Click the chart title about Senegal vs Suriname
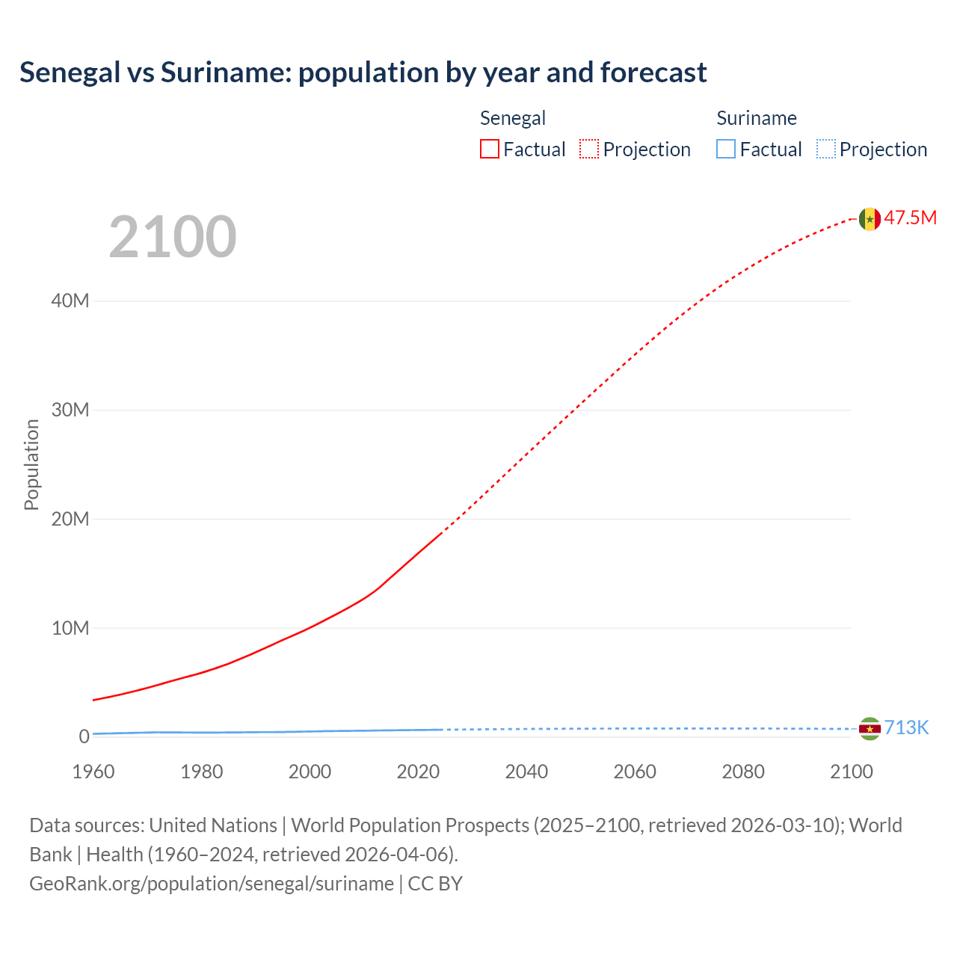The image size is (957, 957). pyautogui.click(x=363, y=73)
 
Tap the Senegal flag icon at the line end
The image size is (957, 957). pyautogui.click(x=870, y=218)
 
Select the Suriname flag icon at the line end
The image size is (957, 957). pyautogui.click(x=870, y=728)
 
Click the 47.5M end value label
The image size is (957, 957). pyautogui.click(x=910, y=218)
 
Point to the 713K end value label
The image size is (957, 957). pyautogui.click(x=906, y=727)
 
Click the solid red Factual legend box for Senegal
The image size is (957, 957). pyautogui.click(x=490, y=150)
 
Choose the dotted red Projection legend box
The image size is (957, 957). pyautogui.click(x=589, y=150)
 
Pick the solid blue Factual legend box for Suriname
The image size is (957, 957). pyautogui.click(x=726, y=150)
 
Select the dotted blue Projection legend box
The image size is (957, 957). pyautogui.click(x=826, y=150)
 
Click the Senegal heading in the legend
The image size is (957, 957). pyautogui.click(x=512, y=118)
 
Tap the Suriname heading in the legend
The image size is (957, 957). pyautogui.click(x=757, y=118)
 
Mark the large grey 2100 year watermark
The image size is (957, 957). pyautogui.click(x=173, y=237)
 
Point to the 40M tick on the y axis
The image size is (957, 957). pyautogui.click(x=70, y=301)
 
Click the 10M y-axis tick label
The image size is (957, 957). pyautogui.click(x=70, y=628)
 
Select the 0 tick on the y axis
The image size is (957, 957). pyautogui.click(x=84, y=736)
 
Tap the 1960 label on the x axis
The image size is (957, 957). pyautogui.click(x=93, y=772)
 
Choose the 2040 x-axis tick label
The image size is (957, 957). pyautogui.click(x=526, y=772)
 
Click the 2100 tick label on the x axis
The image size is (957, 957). pyautogui.click(x=851, y=772)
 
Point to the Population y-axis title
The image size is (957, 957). pyautogui.click(x=31, y=464)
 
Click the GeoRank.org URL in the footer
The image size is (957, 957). pyautogui.click(x=212, y=884)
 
